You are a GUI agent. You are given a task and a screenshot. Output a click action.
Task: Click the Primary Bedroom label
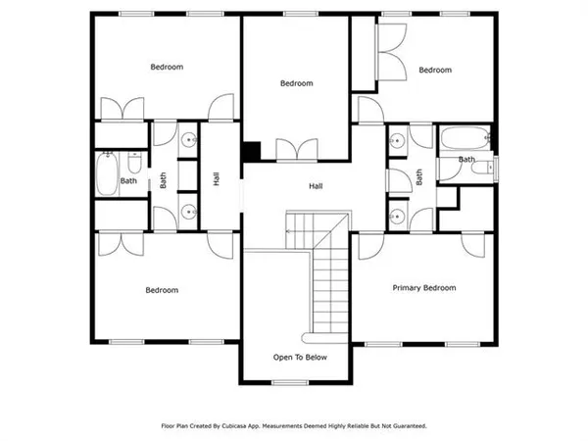(424, 288)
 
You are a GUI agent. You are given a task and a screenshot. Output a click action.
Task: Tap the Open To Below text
(300, 358)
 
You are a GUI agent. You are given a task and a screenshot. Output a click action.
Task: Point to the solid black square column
(252, 152)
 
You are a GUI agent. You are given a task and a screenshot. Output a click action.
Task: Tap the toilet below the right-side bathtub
(479, 170)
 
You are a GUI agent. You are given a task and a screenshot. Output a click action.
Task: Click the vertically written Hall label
(216, 179)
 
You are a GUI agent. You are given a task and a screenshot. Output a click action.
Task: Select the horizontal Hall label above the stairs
(316, 186)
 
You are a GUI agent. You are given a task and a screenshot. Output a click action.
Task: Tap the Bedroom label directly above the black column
(296, 83)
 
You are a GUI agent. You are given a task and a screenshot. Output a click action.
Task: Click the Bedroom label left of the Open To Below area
(162, 290)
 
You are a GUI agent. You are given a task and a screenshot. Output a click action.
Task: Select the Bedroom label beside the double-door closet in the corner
(434, 70)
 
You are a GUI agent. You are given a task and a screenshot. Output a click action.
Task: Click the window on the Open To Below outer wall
(284, 383)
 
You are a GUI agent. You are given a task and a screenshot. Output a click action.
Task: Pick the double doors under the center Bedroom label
(298, 150)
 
